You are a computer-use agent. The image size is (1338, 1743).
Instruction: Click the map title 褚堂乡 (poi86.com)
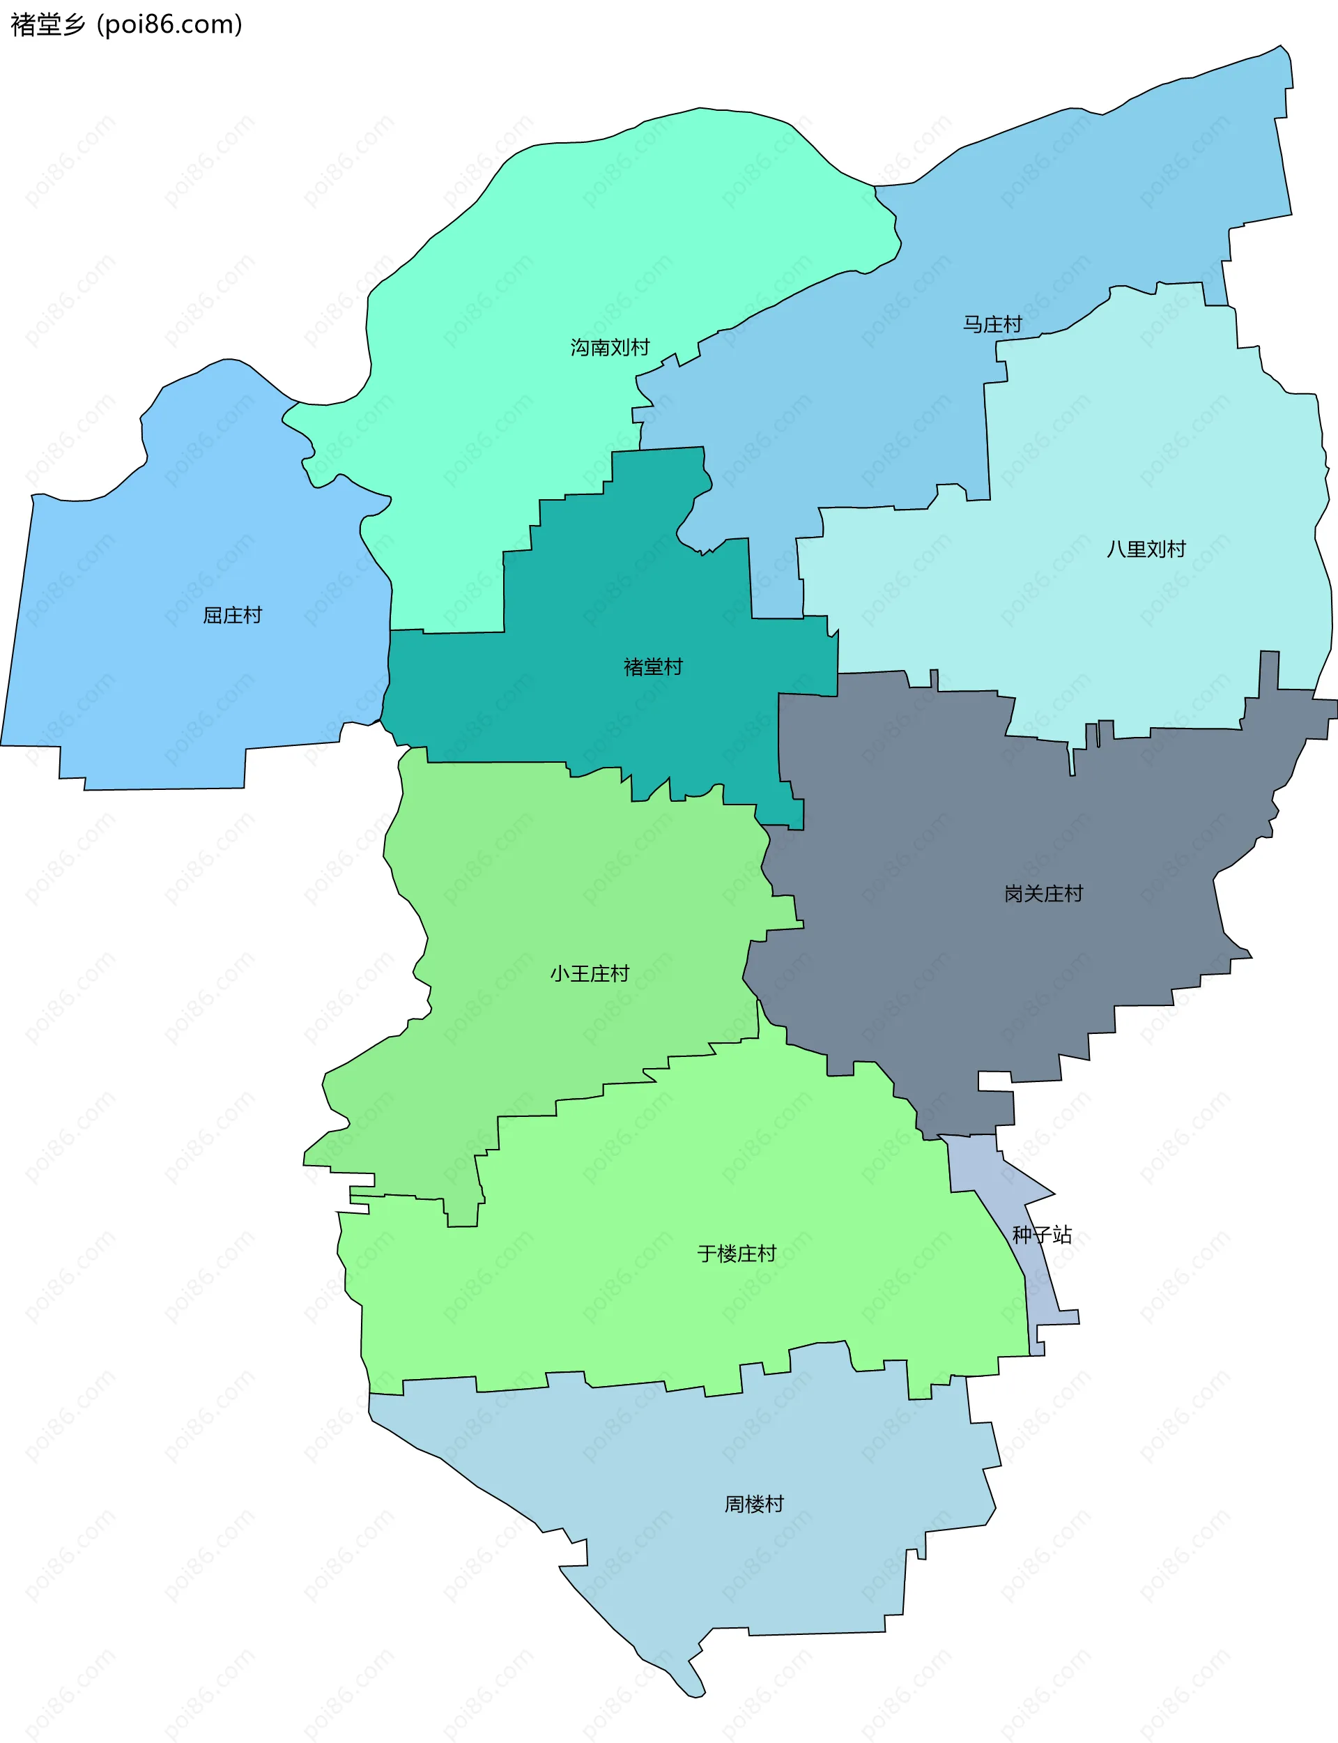[126, 24]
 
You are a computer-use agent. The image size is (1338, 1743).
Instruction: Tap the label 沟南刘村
[609, 347]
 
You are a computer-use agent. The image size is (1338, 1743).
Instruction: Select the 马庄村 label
[992, 324]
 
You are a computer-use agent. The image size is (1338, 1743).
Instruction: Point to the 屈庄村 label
[232, 615]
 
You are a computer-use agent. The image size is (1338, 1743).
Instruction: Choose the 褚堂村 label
[653, 667]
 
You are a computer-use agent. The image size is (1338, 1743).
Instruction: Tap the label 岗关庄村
[1043, 894]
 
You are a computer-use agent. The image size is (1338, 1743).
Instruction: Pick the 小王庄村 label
[590, 973]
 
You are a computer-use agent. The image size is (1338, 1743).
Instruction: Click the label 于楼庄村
[736, 1254]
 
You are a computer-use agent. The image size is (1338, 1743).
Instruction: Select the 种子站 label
[1042, 1235]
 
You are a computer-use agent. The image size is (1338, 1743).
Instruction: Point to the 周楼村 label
[753, 1504]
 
